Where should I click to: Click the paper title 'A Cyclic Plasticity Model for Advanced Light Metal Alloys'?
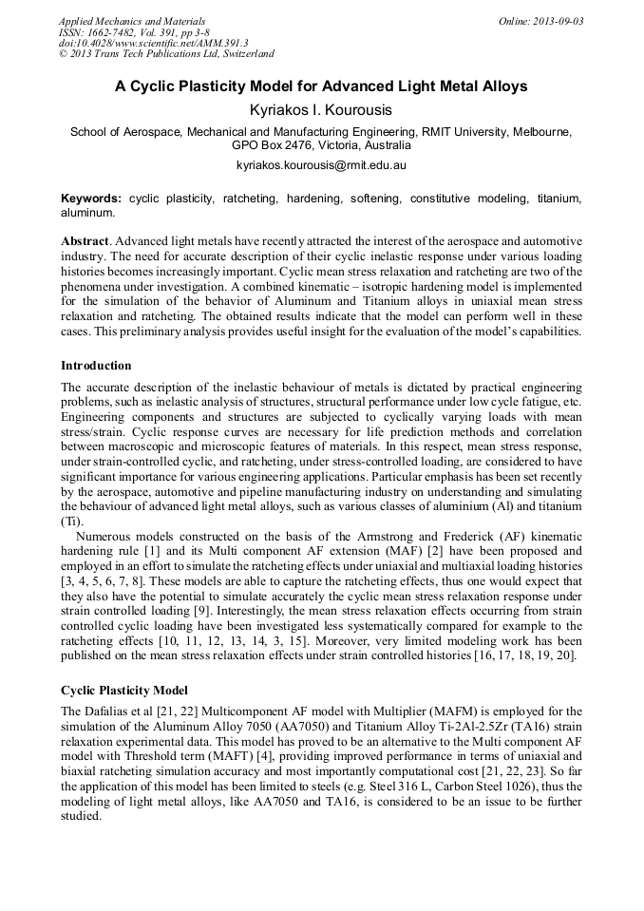[321, 86]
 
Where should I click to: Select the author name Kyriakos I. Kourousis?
[321, 110]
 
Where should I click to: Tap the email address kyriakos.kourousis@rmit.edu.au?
[321, 165]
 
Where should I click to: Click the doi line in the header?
[153, 43]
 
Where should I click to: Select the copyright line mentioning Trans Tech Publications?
[166, 54]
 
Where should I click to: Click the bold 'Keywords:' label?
[91, 199]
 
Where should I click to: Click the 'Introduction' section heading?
[96, 366]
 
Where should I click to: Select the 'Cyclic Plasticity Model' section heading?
[124, 691]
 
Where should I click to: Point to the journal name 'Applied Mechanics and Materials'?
[132, 21]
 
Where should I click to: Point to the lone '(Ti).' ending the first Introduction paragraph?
[72, 522]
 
